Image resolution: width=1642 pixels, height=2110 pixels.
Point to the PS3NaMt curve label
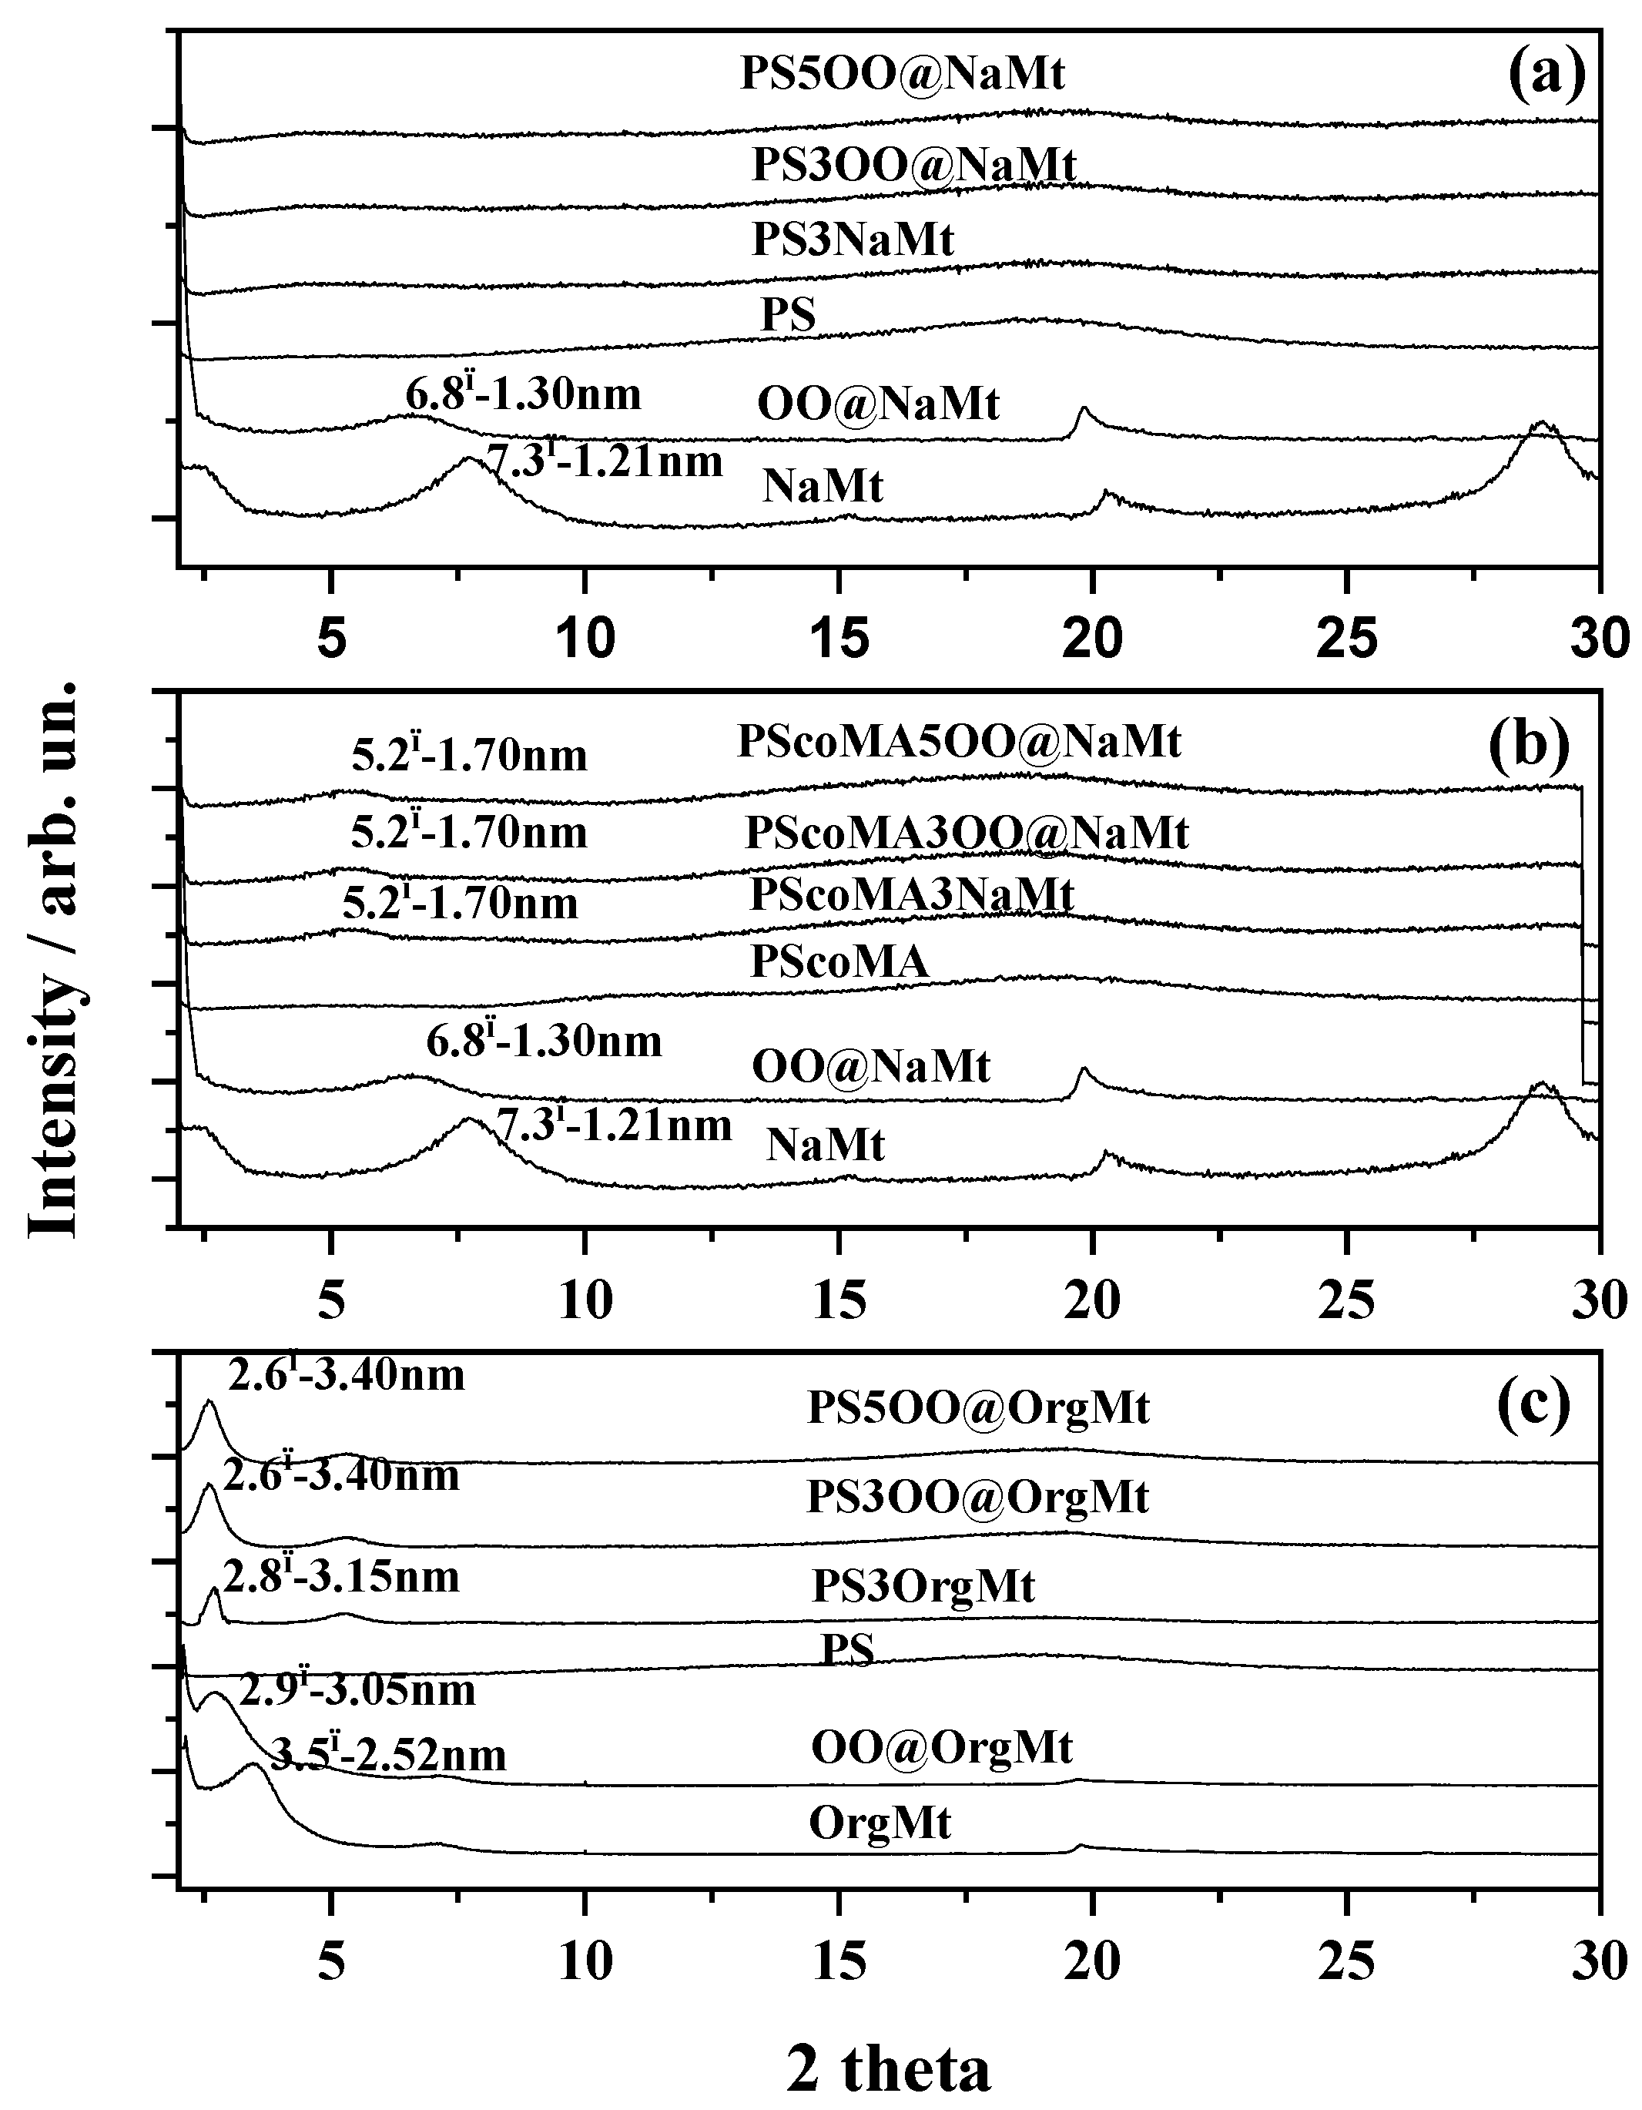tap(853, 239)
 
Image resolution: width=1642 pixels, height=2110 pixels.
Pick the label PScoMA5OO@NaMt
tap(958, 742)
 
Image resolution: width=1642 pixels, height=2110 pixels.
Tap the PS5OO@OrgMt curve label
tap(978, 1409)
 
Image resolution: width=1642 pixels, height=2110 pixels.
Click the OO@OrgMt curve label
tap(942, 1748)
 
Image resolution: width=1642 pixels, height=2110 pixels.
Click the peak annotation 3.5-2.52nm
tap(387, 1756)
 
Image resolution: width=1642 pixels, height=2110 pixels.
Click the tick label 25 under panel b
tap(1349, 1301)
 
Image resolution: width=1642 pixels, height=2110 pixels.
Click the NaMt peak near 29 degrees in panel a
tap(1543, 423)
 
